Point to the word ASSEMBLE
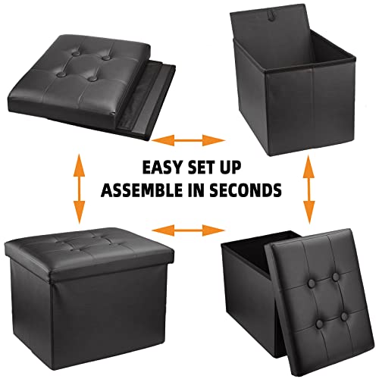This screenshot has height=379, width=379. [x=142, y=189]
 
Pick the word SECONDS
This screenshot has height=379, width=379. [x=246, y=189]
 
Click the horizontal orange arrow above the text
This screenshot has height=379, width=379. [x=188, y=140]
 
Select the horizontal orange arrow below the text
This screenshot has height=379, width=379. [x=188, y=230]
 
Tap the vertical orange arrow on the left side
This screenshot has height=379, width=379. [x=80, y=189]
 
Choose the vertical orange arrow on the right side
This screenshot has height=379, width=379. [x=309, y=189]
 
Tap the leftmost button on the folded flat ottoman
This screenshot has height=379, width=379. [x=61, y=74]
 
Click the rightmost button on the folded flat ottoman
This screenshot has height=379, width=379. [x=107, y=58]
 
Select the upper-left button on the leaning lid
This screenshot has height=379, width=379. [x=312, y=284]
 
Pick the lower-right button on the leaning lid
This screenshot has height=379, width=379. [x=344, y=316]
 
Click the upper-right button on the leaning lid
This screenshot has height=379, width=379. [x=336, y=277]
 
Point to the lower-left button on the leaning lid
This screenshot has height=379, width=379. [x=320, y=324]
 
